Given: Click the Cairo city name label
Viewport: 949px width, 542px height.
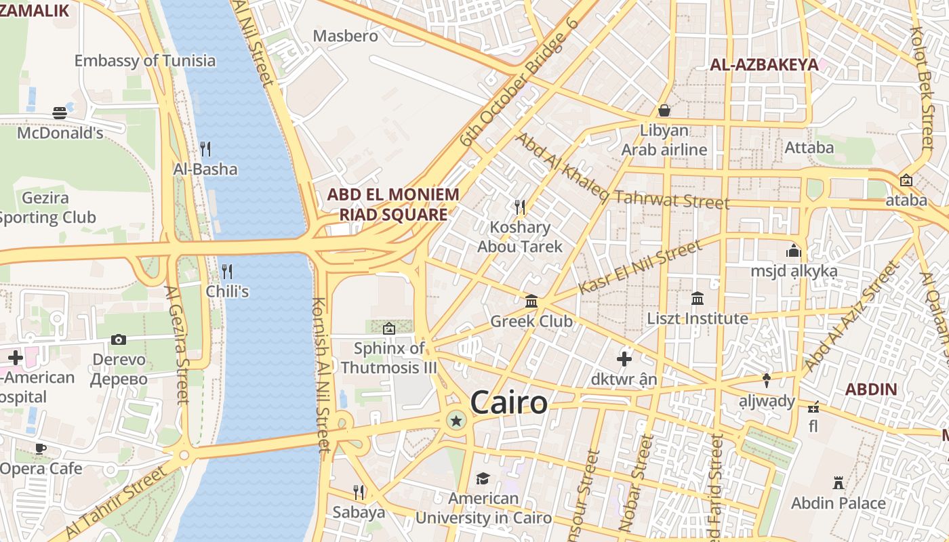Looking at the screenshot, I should pyautogui.click(x=508, y=402).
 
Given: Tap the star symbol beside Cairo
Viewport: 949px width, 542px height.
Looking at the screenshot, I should pyautogui.click(x=456, y=421).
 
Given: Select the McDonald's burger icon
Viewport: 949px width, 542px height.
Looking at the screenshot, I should pyautogui.click(x=60, y=112).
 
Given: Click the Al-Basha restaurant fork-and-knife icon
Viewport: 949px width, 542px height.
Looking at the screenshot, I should pyautogui.click(x=205, y=148).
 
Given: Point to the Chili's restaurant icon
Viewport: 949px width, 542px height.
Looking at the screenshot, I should pyautogui.click(x=227, y=272).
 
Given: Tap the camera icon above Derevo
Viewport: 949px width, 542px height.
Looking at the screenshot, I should pyautogui.click(x=119, y=339).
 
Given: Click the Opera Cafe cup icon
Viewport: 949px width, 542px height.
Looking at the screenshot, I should pyautogui.click(x=41, y=448).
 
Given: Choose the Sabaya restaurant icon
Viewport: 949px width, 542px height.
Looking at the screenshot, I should pyautogui.click(x=359, y=492).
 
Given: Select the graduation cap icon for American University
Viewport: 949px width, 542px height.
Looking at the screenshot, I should pyautogui.click(x=483, y=478).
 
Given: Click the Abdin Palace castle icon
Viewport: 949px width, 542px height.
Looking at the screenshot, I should pyautogui.click(x=839, y=483).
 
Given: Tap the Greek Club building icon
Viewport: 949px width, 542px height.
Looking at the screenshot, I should pyautogui.click(x=531, y=301).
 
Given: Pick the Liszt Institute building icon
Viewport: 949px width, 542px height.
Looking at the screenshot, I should pyautogui.click(x=698, y=298).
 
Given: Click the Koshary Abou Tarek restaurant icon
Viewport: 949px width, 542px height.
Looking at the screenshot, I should pyautogui.click(x=520, y=207).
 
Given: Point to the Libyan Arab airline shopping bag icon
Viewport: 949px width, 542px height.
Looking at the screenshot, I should pyautogui.click(x=664, y=110).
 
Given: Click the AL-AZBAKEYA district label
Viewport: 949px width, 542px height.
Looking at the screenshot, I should pyautogui.click(x=764, y=65).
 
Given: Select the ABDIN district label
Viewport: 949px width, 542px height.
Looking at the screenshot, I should pyautogui.click(x=871, y=390).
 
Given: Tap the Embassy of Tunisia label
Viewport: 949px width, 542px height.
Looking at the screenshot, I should pyautogui.click(x=145, y=60).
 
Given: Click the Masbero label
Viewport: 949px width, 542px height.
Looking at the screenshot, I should pyautogui.click(x=345, y=36).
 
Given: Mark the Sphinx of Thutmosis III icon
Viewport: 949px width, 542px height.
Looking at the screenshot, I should pyautogui.click(x=389, y=329).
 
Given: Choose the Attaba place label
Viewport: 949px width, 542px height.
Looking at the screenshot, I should pyautogui.click(x=809, y=147).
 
